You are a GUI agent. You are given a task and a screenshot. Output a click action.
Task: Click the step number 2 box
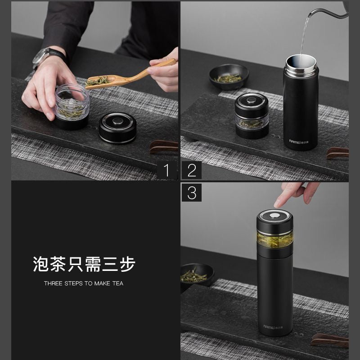pos(192,170)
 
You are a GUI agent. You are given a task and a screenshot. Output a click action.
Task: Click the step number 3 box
pos(192,193)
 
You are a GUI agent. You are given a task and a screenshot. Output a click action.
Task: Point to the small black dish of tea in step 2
pos(229,76)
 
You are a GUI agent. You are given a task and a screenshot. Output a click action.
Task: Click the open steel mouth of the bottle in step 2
pos(301,60)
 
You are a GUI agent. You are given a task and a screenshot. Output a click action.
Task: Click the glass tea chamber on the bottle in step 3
pos(275,239)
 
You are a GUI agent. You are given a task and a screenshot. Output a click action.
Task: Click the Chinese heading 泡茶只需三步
pos(84,264)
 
